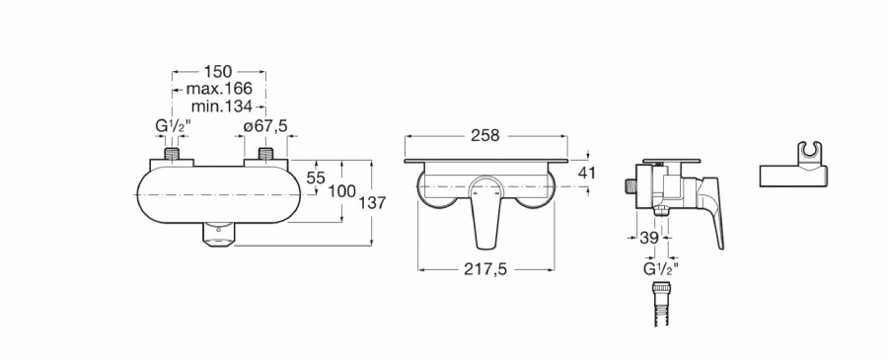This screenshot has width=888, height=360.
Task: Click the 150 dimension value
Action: (218, 72)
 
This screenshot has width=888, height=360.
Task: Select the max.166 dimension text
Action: (219, 89)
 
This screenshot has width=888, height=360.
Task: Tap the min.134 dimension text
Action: (221, 106)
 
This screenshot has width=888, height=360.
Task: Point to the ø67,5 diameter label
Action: (265, 126)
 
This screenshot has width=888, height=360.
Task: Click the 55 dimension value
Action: (316, 178)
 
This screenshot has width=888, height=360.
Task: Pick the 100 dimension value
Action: (342, 191)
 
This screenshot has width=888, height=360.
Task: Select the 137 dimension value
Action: (372, 202)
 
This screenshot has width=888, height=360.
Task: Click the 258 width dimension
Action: (485, 136)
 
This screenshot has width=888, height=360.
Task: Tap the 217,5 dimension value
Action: (485, 270)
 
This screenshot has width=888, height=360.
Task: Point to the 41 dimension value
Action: (587, 173)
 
